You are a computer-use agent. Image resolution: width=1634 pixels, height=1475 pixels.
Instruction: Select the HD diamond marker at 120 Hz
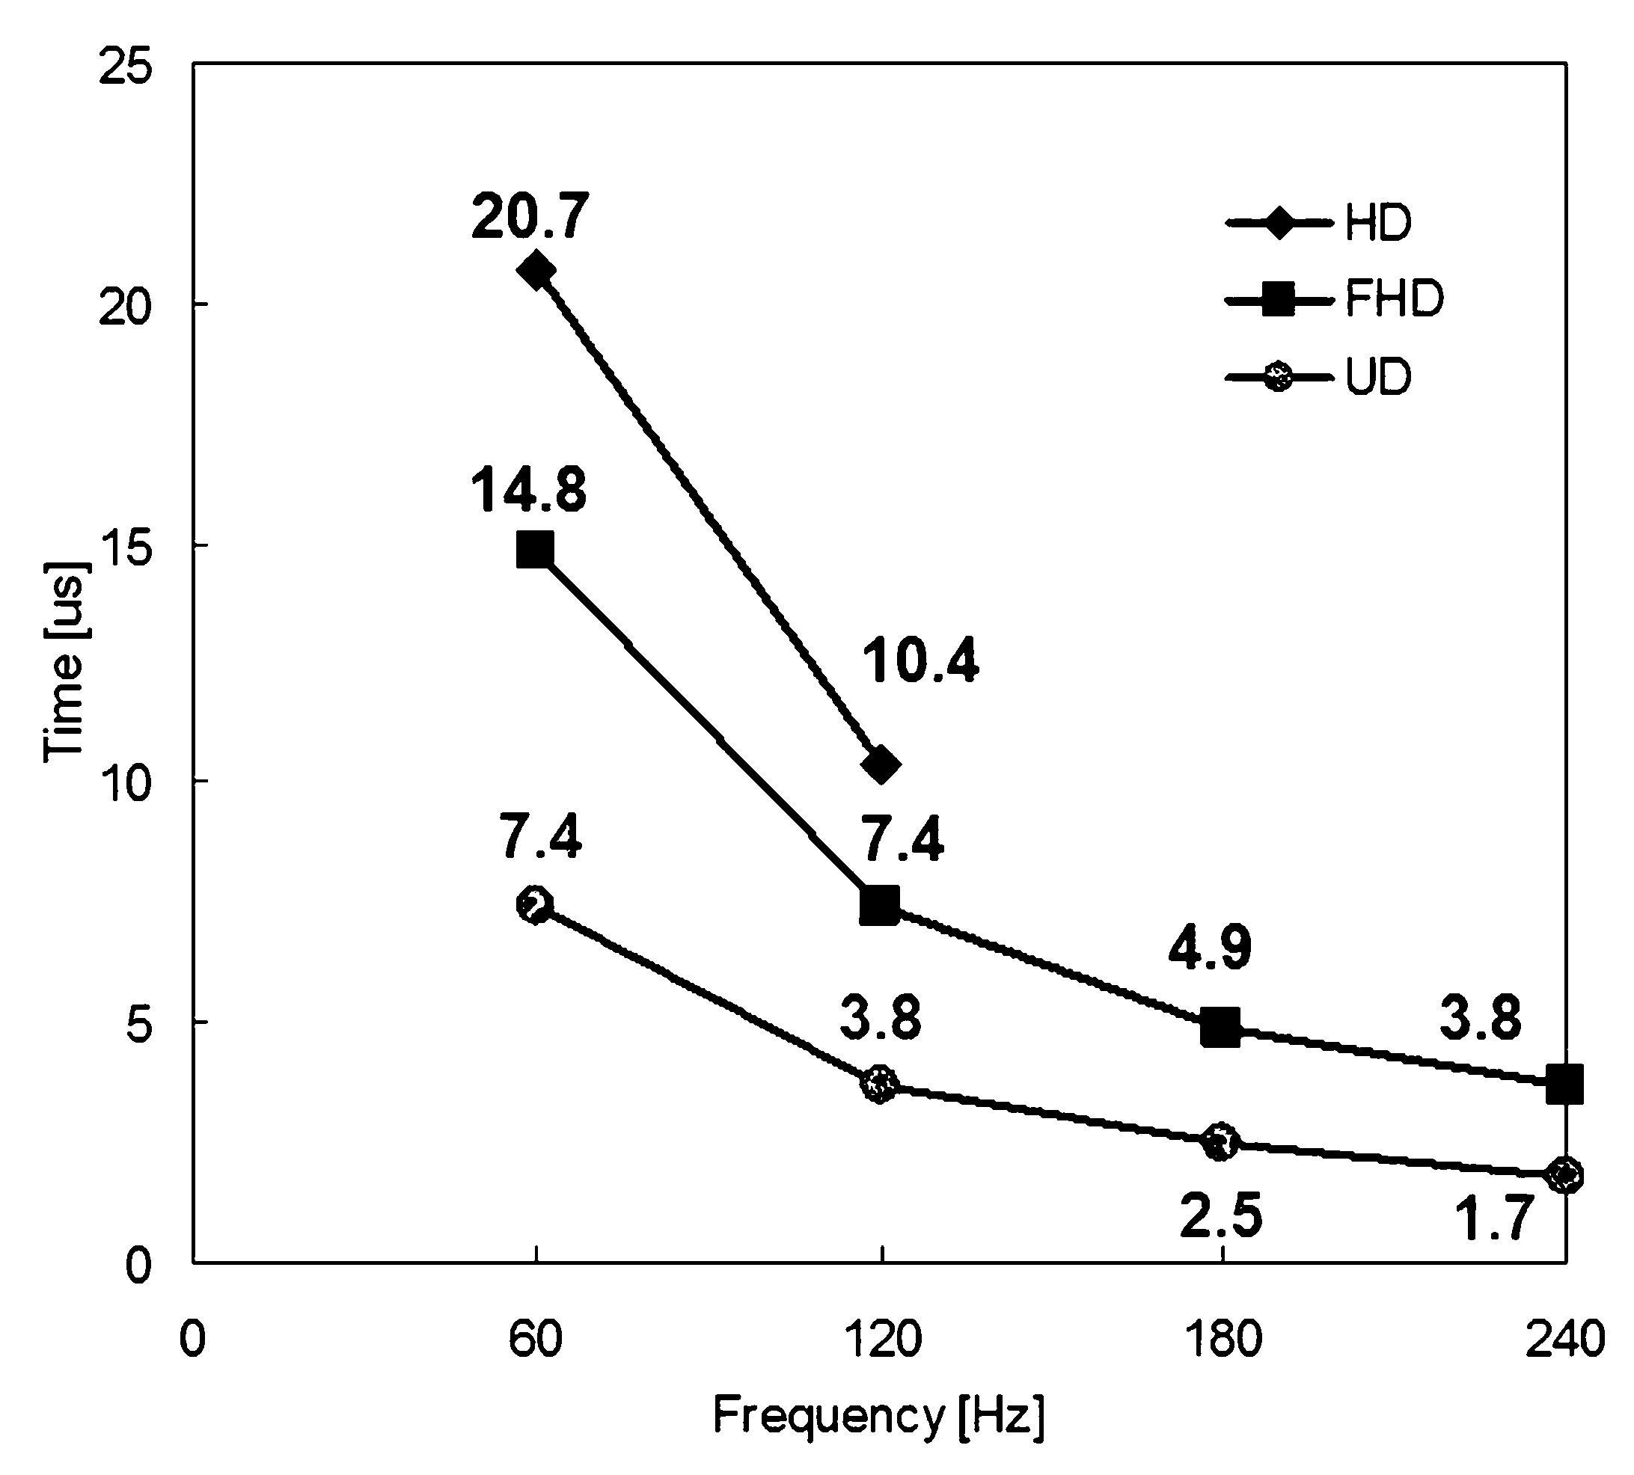[x=881, y=764]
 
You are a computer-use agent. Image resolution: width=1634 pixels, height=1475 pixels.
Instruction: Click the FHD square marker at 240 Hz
[x=1564, y=1085]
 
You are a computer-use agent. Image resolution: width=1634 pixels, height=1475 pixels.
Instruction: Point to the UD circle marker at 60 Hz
[x=535, y=904]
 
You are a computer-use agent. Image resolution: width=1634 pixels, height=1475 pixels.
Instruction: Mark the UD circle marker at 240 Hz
[x=1564, y=1175]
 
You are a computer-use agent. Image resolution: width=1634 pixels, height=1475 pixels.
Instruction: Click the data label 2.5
[x=1221, y=1215]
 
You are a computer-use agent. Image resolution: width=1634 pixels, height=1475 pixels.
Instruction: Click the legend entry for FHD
[x=1335, y=300]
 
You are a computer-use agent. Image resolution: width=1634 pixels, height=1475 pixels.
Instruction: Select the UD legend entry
[x=1319, y=377]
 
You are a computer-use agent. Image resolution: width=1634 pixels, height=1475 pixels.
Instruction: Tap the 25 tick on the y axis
[x=125, y=67]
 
